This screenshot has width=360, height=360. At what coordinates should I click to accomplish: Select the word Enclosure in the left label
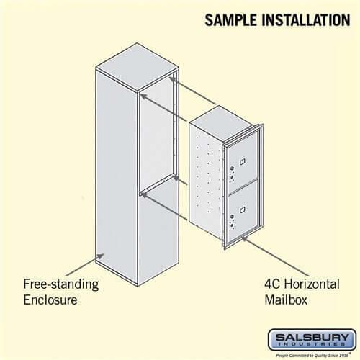pyautogui.click(x=52, y=300)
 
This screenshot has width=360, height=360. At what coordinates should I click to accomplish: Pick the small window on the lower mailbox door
pyautogui.click(x=243, y=209)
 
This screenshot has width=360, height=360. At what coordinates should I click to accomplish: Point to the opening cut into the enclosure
pyautogui.click(x=157, y=137)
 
